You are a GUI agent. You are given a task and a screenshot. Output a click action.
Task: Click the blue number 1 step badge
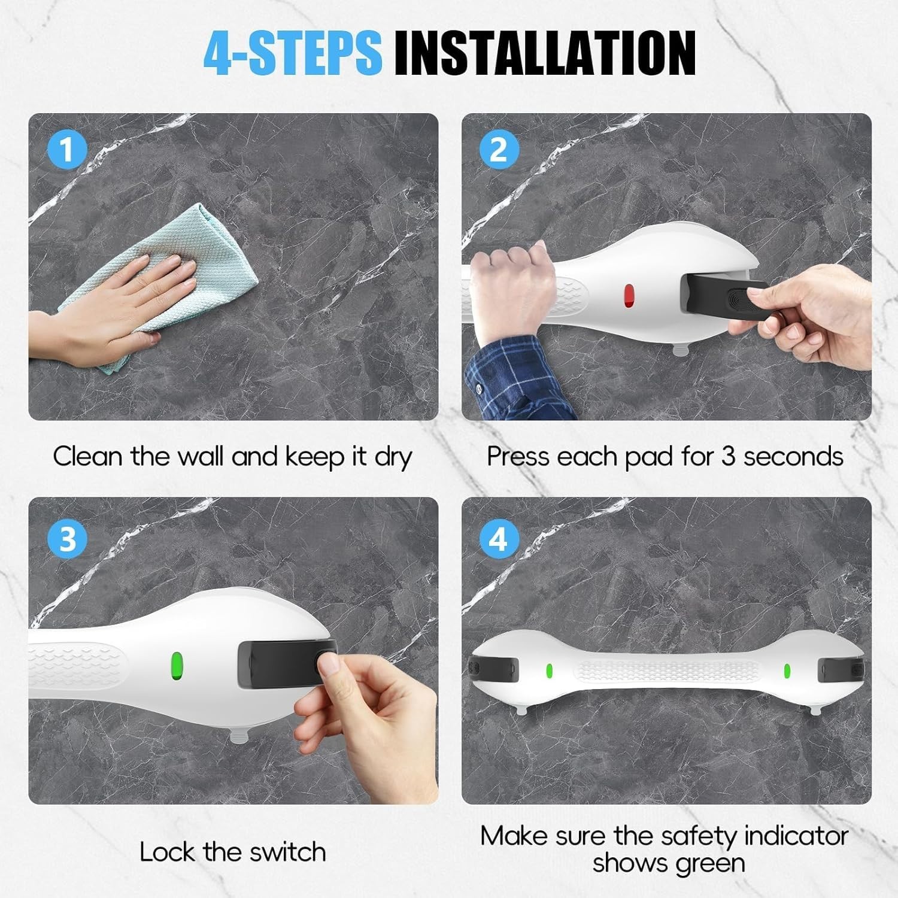coord(67,149)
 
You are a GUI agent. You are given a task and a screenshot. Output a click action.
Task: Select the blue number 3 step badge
coord(67,538)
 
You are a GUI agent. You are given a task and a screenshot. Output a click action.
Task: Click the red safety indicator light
coord(629,295)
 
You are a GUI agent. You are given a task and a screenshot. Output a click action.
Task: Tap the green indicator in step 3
coord(177,664)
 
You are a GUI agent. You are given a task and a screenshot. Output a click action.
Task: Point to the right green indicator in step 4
coord(787,671)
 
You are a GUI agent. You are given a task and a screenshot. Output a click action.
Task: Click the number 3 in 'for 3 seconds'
coord(728,457)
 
